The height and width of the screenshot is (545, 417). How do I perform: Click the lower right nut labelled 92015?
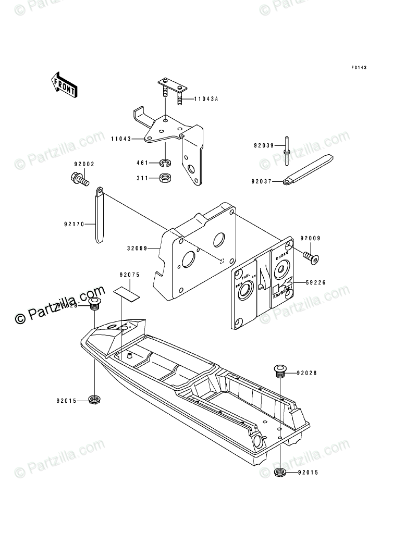(280, 474)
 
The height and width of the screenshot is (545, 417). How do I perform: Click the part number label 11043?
(120, 139)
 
